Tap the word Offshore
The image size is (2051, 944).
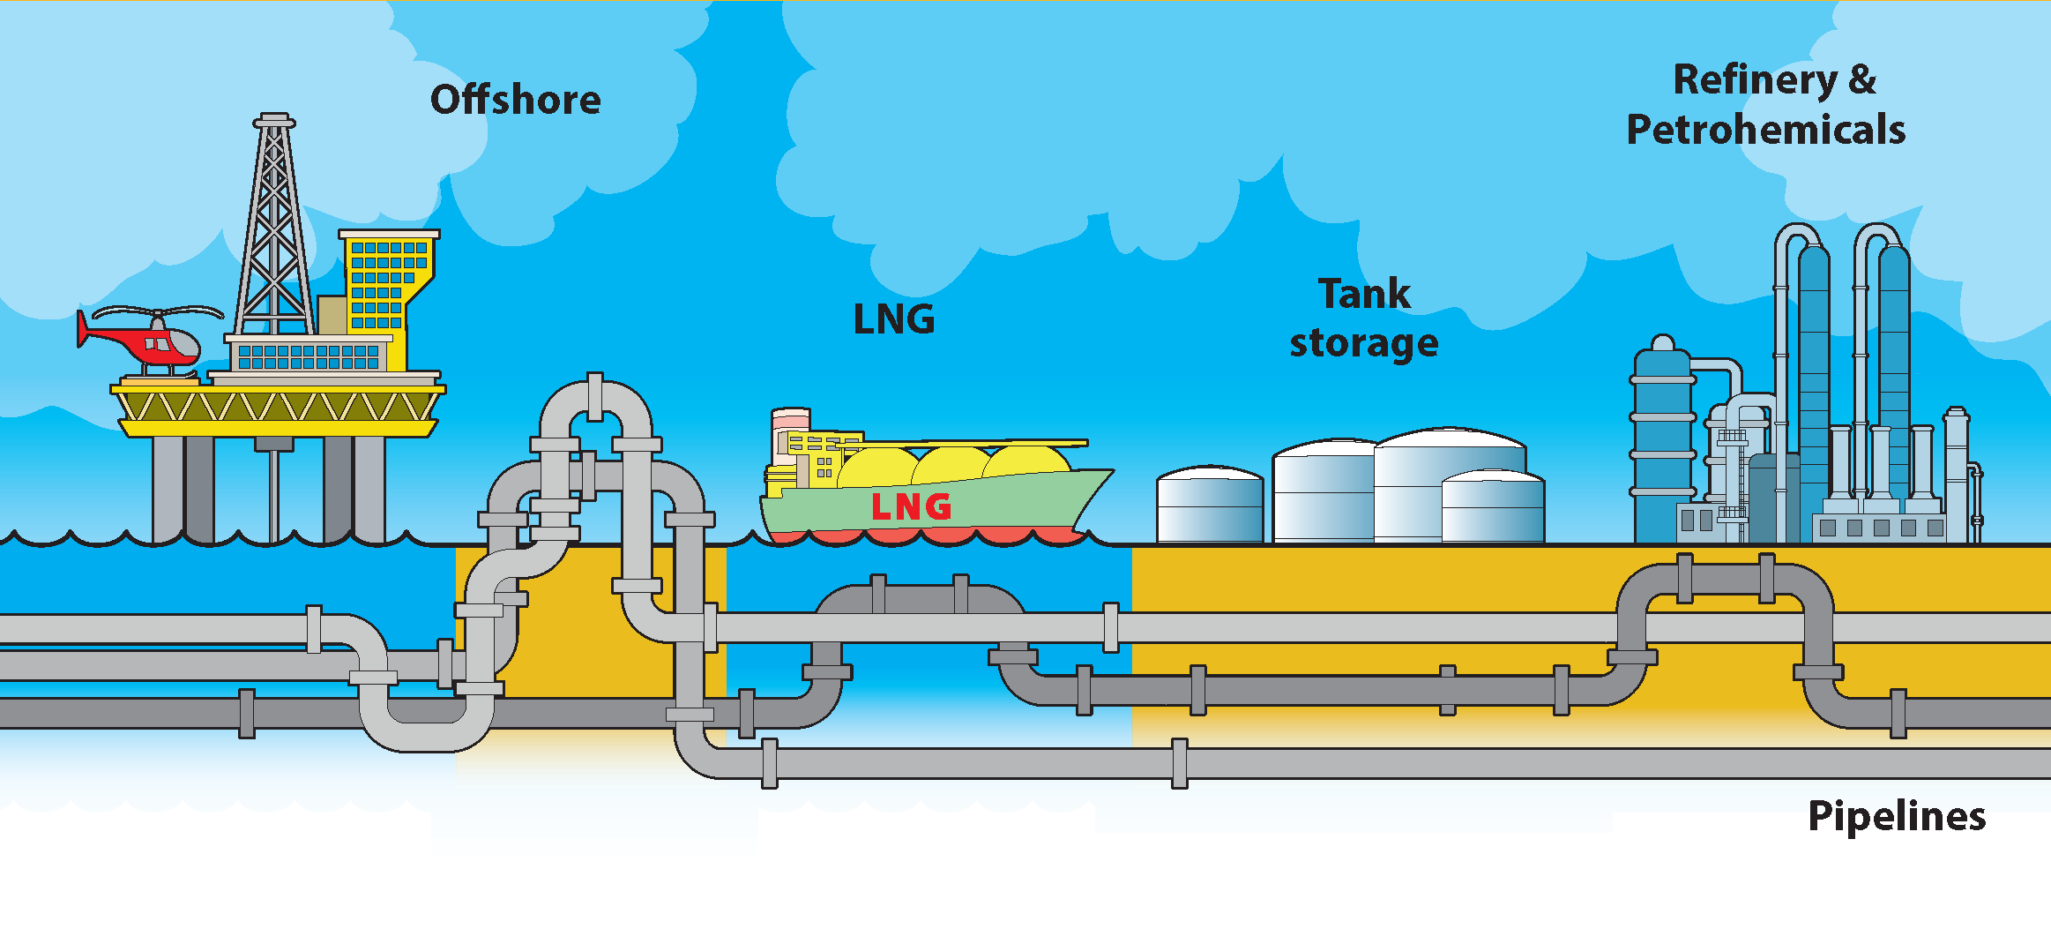point(516,100)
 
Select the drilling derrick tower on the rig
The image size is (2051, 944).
point(274,229)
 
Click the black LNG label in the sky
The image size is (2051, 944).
point(894,319)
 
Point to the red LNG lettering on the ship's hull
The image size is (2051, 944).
point(911,507)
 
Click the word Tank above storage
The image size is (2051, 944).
point(1364,294)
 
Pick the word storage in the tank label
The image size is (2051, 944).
point(1364,343)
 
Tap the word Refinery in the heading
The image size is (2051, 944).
point(1755,80)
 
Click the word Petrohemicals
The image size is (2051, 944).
point(1766,130)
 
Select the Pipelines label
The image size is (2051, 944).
point(1897,816)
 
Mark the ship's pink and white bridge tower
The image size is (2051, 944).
point(789,432)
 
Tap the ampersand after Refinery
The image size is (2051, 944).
point(1862,79)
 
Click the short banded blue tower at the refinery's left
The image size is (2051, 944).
point(1662,441)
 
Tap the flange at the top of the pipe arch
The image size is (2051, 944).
point(595,396)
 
